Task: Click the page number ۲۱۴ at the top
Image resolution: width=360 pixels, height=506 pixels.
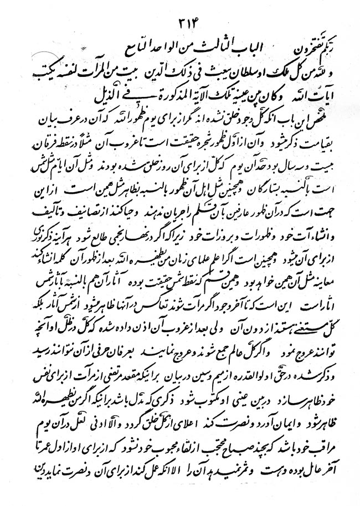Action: pyautogui.click(x=186, y=24)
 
